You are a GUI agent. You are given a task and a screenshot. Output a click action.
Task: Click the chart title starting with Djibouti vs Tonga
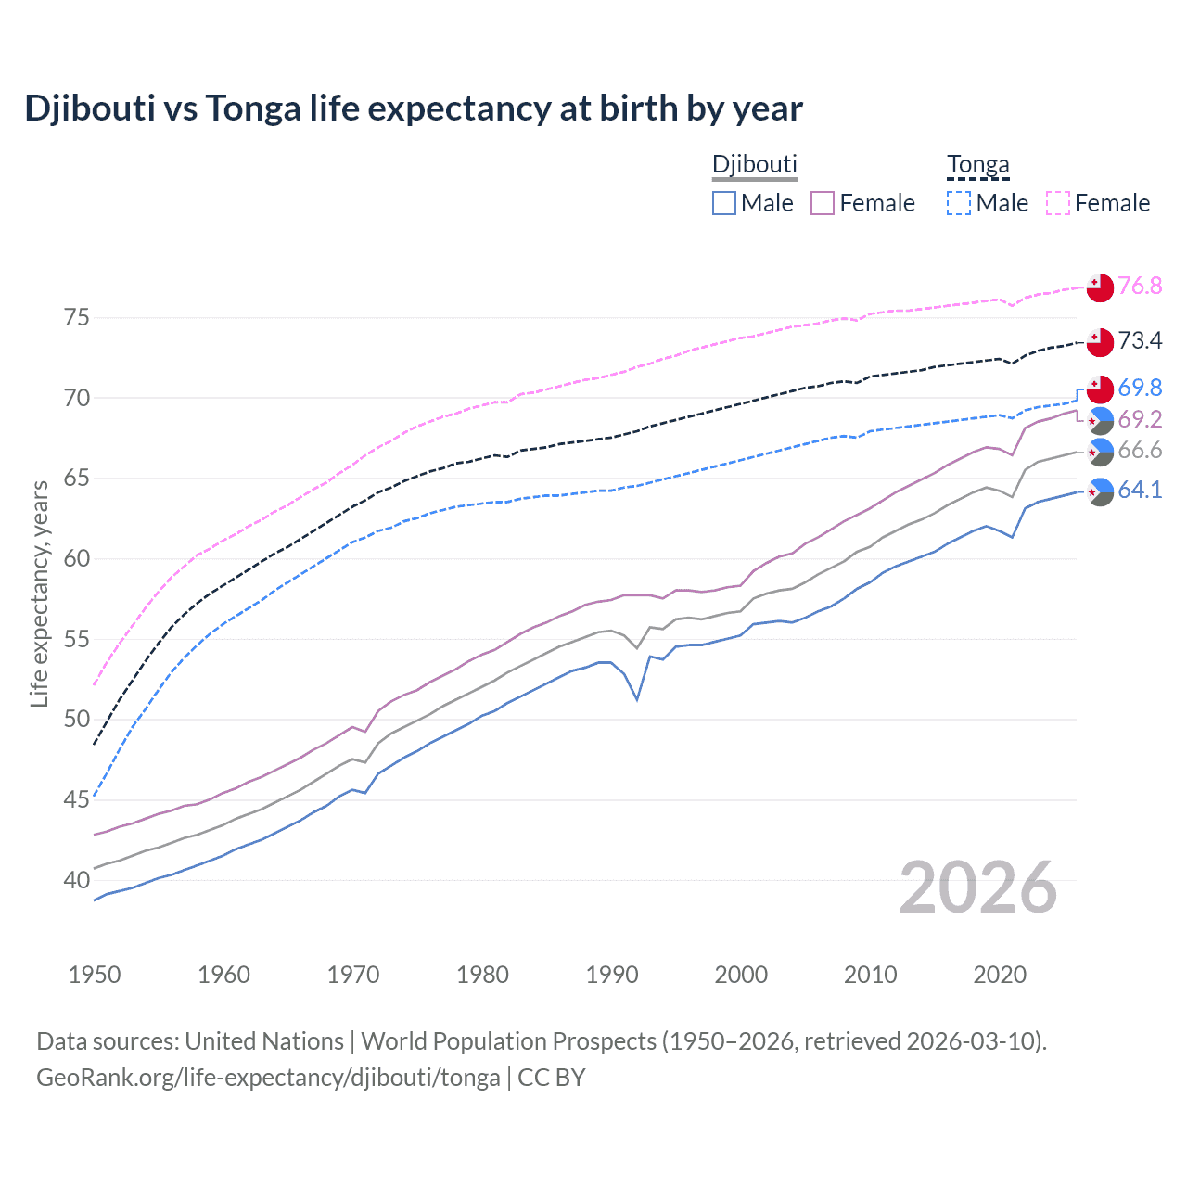tap(414, 108)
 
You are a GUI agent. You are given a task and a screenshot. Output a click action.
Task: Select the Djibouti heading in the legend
tap(754, 164)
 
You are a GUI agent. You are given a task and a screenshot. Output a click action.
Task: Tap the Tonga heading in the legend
tap(977, 164)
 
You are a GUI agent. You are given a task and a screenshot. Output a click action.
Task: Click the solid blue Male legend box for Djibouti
tap(724, 203)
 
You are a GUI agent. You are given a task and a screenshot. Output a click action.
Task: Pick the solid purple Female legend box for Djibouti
tap(823, 203)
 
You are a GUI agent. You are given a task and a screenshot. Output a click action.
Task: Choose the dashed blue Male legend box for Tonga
tap(959, 203)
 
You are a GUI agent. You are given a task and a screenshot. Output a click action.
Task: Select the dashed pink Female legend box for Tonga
tap(1058, 203)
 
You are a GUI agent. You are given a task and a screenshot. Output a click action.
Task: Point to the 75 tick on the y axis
tap(77, 318)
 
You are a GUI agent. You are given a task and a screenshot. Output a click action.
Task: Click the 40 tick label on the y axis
tap(77, 880)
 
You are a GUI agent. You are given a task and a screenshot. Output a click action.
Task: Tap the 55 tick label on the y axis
tap(77, 639)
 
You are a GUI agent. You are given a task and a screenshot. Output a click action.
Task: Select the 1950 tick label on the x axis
tap(95, 975)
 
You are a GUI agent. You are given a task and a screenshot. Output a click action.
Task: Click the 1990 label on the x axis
tap(612, 975)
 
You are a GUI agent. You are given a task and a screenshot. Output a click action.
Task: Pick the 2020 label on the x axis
tap(1000, 975)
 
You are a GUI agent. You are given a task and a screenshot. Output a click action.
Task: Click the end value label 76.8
tap(1140, 286)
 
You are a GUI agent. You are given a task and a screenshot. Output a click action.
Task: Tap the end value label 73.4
tap(1140, 340)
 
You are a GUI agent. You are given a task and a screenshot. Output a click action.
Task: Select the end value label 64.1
tap(1140, 490)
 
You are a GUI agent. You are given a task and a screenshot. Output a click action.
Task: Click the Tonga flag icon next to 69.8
tap(1100, 389)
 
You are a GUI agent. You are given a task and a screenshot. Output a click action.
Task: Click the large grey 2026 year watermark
tap(978, 887)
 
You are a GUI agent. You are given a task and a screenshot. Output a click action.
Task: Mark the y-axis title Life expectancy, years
tap(39, 593)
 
